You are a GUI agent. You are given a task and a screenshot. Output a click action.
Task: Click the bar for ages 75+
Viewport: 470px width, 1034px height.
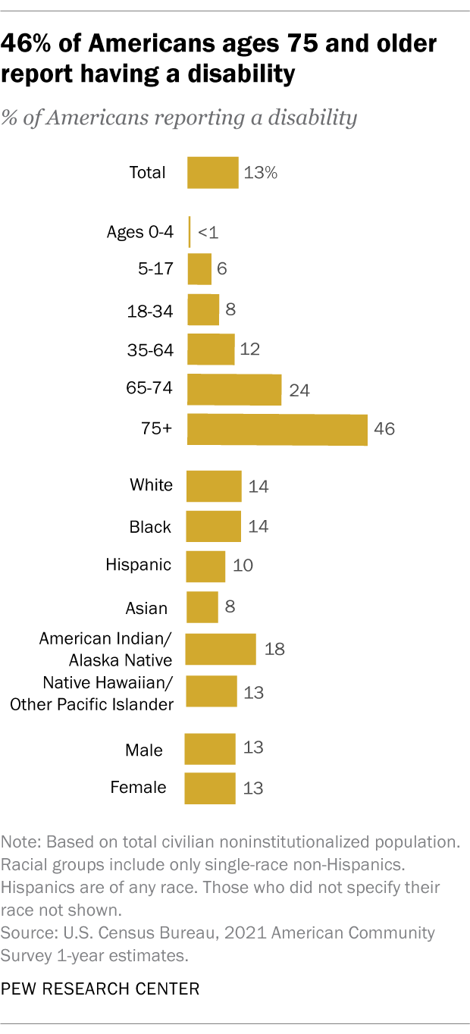(x=277, y=430)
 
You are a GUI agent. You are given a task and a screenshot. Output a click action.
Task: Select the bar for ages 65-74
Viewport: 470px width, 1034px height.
(x=233, y=390)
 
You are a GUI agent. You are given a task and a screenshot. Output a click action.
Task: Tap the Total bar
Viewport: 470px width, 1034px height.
(x=212, y=173)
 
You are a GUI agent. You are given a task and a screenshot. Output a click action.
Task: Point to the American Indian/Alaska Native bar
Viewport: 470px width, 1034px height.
(x=221, y=650)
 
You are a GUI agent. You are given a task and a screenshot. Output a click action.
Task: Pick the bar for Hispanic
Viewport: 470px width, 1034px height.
(x=205, y=566)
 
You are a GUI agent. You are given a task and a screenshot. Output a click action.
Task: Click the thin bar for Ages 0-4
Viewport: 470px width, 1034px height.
(x=189, y=232)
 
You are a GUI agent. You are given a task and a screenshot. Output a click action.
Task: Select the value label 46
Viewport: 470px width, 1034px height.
(x=384, y=430)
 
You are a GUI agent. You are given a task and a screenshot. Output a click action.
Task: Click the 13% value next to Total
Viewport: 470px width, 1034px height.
(x=261, y=173)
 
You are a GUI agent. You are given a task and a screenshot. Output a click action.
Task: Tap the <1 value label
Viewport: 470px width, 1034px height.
(x=208, y=233)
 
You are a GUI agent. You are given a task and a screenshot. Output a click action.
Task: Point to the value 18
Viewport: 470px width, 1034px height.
(x=274, y=650)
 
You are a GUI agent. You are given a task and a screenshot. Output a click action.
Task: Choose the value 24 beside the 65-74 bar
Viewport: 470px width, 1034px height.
(x=299, y=390)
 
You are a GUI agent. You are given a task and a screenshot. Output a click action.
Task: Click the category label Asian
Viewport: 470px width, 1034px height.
(x=146, y=607)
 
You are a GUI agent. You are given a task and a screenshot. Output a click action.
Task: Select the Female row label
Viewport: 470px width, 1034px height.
(x=138, y=788)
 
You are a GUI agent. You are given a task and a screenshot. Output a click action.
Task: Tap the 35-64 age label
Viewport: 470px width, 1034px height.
(x=150, y=350)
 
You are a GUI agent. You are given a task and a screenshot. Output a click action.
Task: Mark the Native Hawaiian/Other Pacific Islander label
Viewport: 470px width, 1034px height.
(x=92, y=693)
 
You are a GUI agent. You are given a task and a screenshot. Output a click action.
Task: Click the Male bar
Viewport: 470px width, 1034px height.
(x=210, y=749)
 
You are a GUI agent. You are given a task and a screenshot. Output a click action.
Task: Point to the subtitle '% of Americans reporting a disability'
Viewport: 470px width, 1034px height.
(x=179, y=117)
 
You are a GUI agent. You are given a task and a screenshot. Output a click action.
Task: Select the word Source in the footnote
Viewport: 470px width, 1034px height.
(x=24, y=932)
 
